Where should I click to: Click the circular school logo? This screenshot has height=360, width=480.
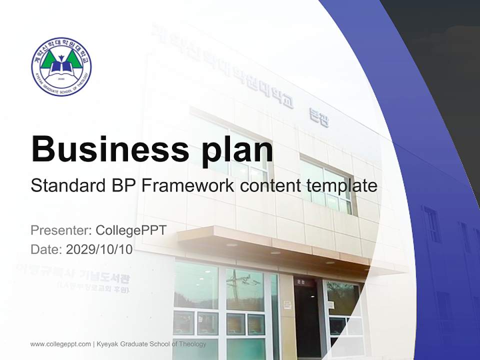[x=61, y=66]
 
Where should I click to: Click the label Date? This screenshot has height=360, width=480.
[x=46, y=249]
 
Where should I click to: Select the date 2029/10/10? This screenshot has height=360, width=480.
[x=99, y=249]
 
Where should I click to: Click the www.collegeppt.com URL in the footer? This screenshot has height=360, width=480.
[x=60, y=344]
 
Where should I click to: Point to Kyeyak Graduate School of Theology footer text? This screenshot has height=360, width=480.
[x=150, y=344]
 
